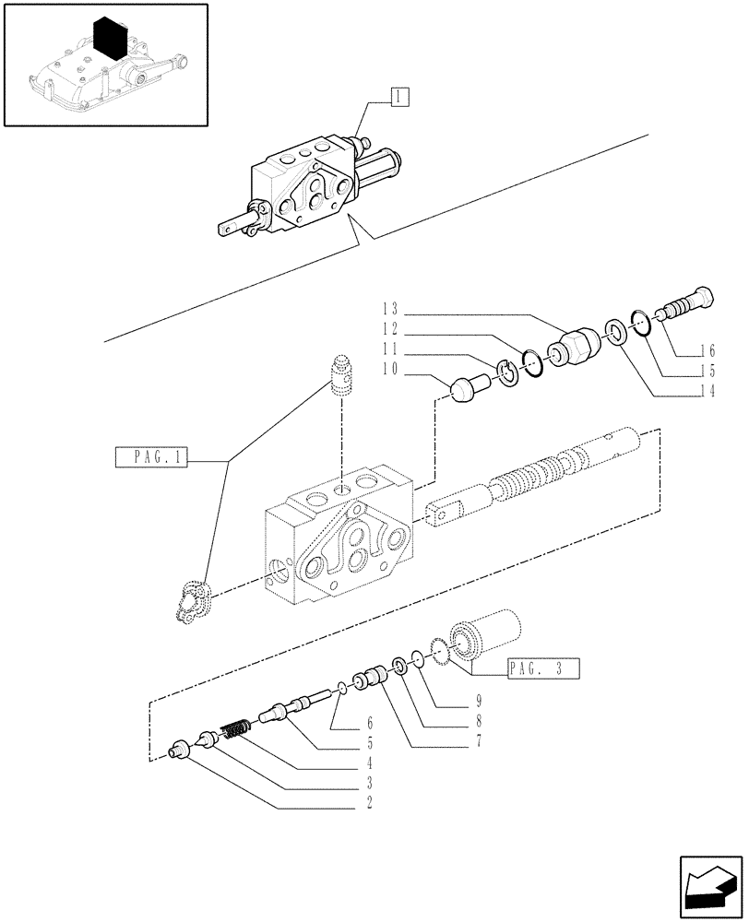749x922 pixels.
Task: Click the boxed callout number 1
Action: tap(398, 95)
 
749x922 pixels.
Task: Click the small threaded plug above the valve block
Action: tap(343, 376)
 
